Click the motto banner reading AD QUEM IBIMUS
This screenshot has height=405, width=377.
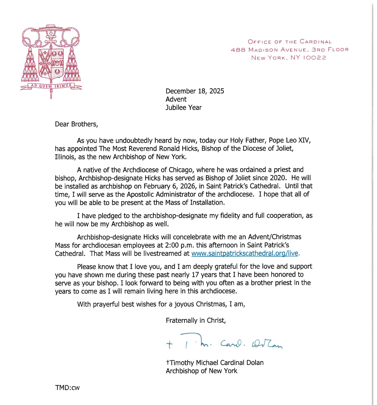click(x=51, y=86)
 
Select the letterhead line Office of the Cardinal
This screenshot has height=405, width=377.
click(x=290, y=42)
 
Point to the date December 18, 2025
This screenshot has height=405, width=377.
click(x=195, y=91)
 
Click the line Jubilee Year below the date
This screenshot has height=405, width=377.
click(x=184, y=107)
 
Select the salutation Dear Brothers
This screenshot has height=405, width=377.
click(x=76, y=124)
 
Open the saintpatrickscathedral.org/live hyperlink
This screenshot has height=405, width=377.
click(x=245, y=253)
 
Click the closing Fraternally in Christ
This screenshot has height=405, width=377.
click(x=196, y=320)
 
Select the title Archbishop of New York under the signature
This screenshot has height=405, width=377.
click(x=201, y=371)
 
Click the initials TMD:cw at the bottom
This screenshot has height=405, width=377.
click(x=67, y=388)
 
